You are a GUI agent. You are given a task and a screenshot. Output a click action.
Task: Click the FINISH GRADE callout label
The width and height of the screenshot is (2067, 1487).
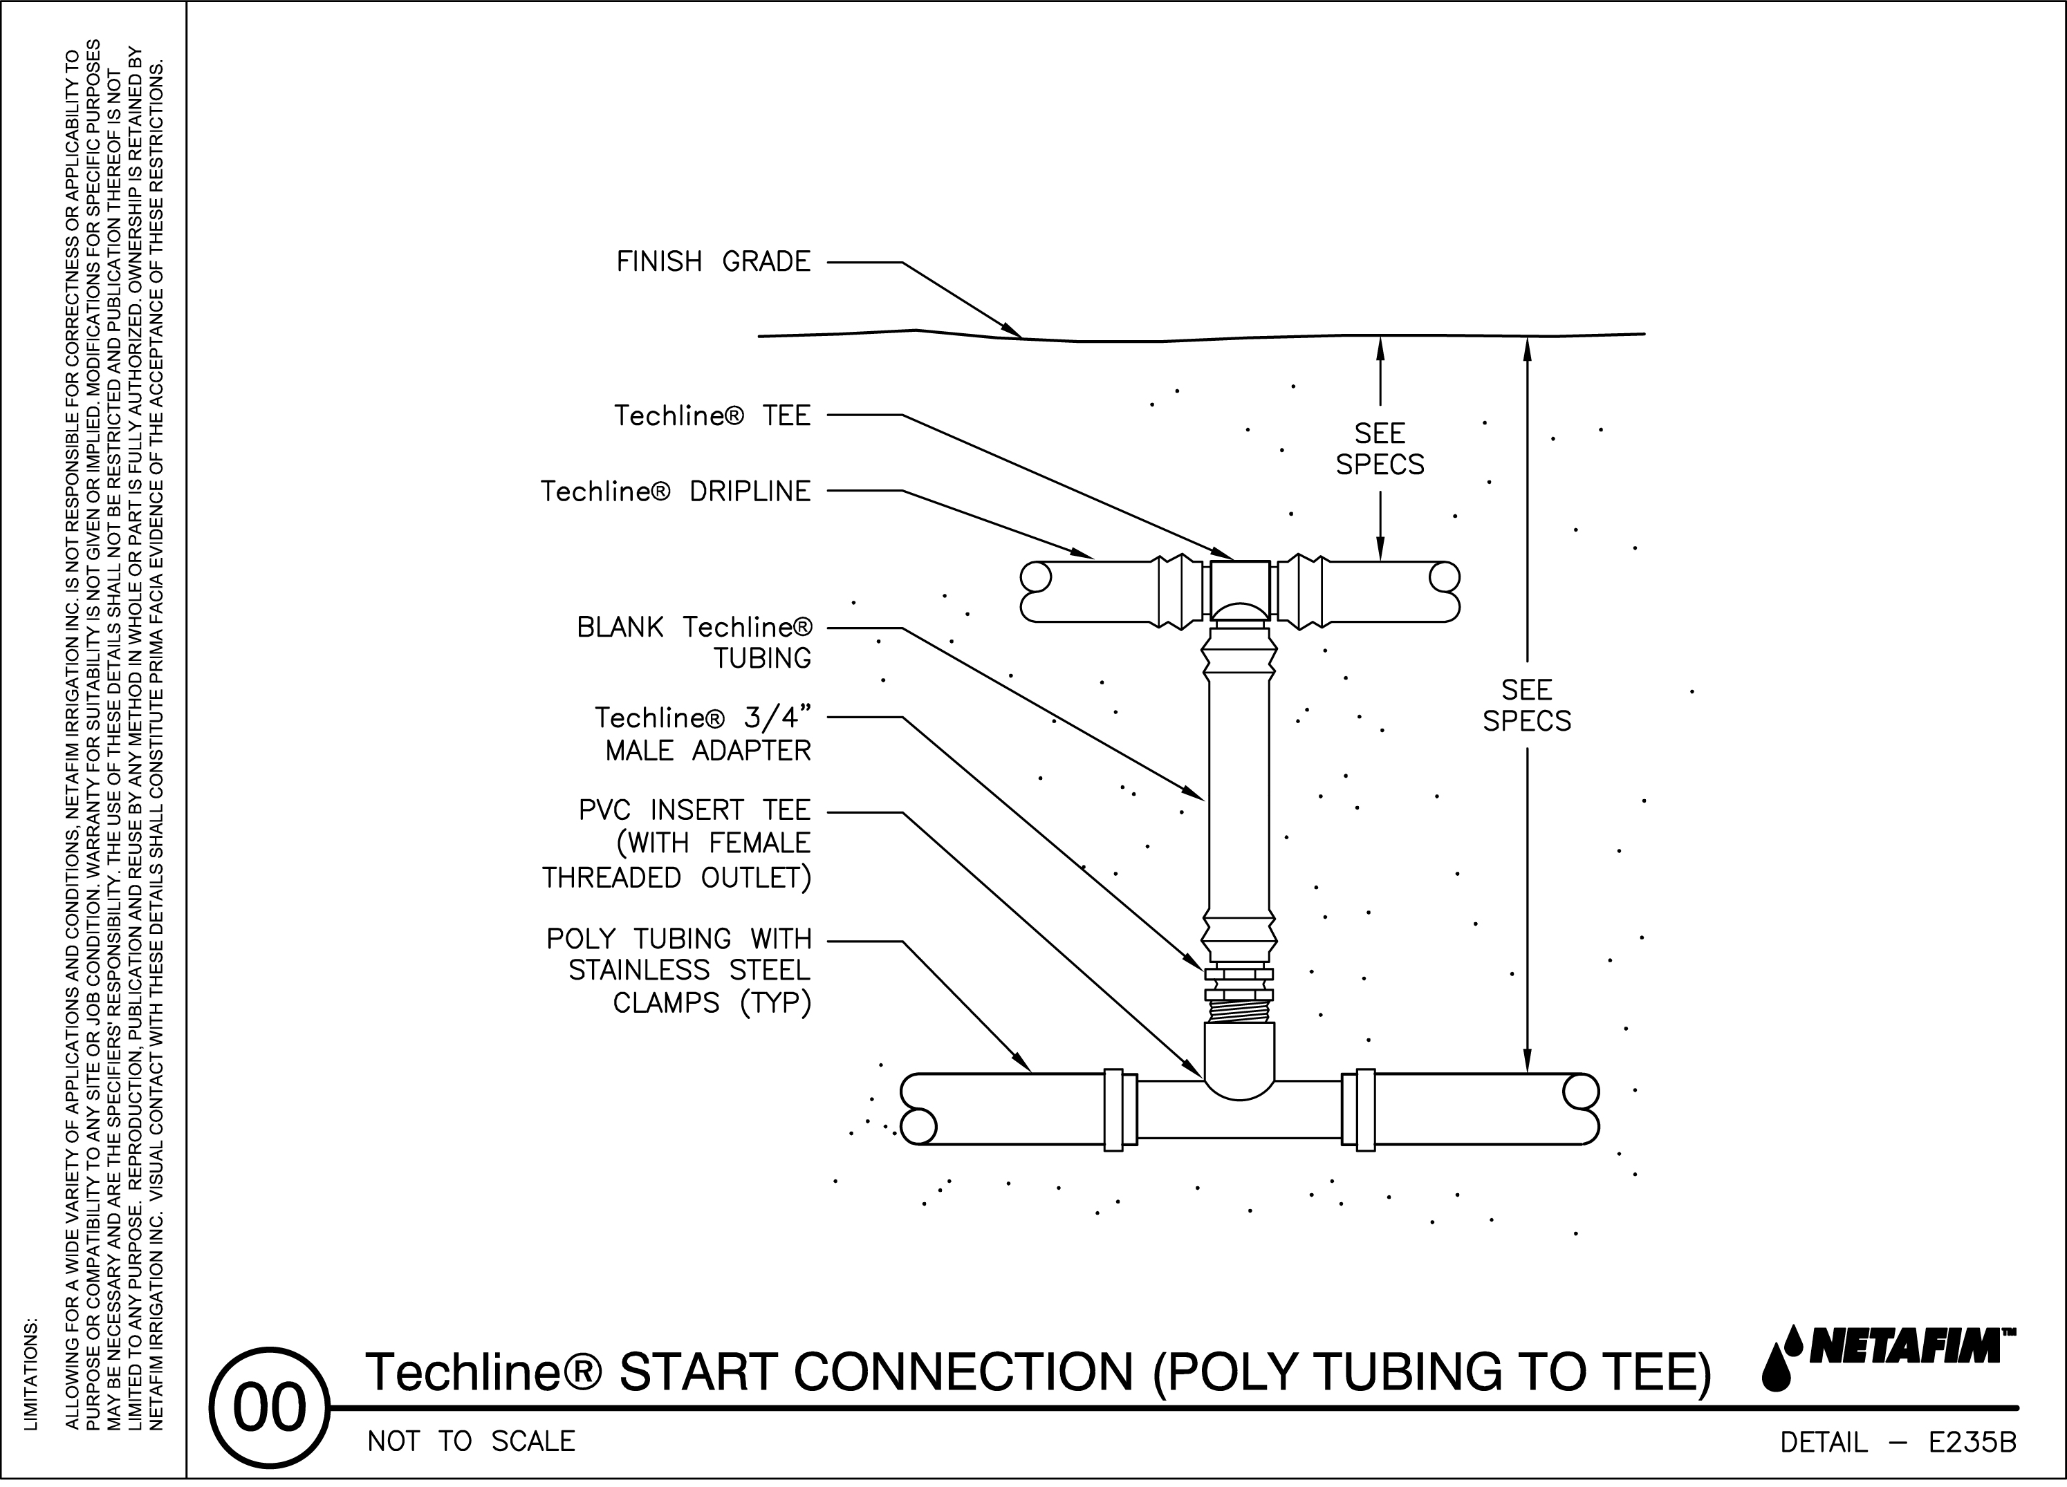click(713, 263)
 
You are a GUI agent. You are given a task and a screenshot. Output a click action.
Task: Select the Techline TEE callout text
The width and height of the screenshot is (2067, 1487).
click(712, 416)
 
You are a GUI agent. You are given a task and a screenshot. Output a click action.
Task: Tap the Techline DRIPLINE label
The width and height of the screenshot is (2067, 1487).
click(676, 492)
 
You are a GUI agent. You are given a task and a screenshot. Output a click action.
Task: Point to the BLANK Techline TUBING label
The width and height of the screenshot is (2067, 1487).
click(694, 642)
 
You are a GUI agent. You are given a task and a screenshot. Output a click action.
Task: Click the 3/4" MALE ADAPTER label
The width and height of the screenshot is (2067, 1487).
click(703, 734)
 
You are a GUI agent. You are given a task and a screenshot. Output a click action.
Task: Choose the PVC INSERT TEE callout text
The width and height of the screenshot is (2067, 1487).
click(676, 843)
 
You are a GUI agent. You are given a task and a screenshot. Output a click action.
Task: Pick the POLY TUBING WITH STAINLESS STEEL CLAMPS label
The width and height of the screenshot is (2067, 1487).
click(679, 971)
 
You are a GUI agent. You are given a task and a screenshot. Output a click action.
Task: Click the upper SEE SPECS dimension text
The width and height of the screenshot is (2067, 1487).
click(1380, 449)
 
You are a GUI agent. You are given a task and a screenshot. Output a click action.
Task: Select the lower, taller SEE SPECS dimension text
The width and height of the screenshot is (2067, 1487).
click(1526, 705)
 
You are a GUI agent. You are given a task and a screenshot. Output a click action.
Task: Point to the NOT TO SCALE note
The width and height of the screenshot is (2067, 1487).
click(471, 1441)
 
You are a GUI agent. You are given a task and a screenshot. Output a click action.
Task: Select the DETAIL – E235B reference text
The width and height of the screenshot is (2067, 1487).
click(1898, 1442)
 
